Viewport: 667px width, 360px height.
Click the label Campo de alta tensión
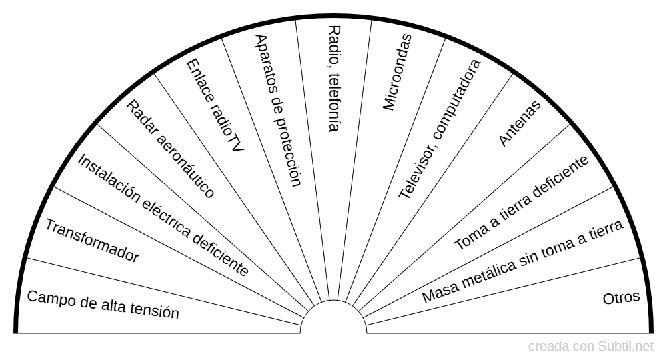coord(103,304)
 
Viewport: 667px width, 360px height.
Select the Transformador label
coord(92,241)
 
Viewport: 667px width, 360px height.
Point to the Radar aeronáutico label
coord(171,149)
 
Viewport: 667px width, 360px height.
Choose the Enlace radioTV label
coord(215,105)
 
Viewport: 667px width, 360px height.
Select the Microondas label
coord(398,72)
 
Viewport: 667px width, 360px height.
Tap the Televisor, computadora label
coord(440,129)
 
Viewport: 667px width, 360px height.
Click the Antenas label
coord(520,124)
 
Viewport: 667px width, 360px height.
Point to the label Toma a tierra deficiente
coord(522,203)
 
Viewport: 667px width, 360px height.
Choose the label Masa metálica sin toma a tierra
coord(523,261)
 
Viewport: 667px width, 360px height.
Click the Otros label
coord(621,297)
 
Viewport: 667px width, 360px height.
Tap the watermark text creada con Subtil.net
coord(591,347)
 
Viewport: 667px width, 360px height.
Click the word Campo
coord(47,297)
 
